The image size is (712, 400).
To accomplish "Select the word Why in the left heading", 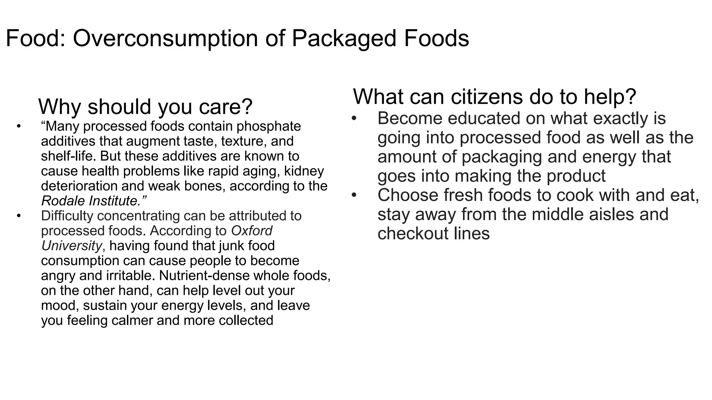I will tap(60, 107).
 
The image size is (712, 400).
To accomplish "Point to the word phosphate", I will tap(269, 126).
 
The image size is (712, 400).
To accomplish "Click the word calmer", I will tap(132, 320).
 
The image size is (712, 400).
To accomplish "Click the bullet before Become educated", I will tap(354, 119).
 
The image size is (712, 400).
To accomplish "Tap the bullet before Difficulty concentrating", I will tap(19, 216).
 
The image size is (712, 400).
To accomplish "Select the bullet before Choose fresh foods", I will tap(354, 195).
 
